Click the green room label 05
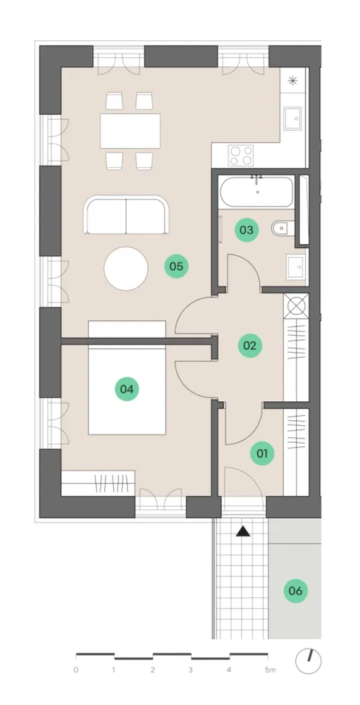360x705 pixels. pyautogui.click(x=176, y=266)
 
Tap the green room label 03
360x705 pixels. pyautogui.click(x=247, y=231)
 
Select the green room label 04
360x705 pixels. pyautogui.click(x=128, y=389)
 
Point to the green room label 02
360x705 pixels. pyautogui.click(x=249, y=345)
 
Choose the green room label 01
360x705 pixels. pyautogui.click(x=262, y=453)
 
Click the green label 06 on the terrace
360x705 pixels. pyautogui.click(x=296, y=591)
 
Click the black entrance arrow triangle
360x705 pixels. pyautogui.click(x=243, y=532)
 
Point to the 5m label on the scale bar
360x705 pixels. pyautogui.click(x=271, y=670)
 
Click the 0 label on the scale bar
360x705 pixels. pyautogui.click(x=76, y=670)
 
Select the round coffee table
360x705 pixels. pyautogui.click(x=126, y=269)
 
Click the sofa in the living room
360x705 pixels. pyautogui.click(x=126, y=215)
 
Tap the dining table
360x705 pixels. pyautogui.click(x=130, y=131)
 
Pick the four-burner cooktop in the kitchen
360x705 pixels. pyautogui.click(x=241, y=156)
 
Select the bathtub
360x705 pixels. pyautogui.click(x=256, y=192)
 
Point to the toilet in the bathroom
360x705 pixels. pyautogui.click(x=283, y=229)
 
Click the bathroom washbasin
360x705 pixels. pyautogui.click(x=296, y=266)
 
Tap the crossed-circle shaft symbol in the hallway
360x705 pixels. pyautogui.click(x=297, y=305)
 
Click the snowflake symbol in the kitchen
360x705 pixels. pyautogui.click(x=292, y=81)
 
